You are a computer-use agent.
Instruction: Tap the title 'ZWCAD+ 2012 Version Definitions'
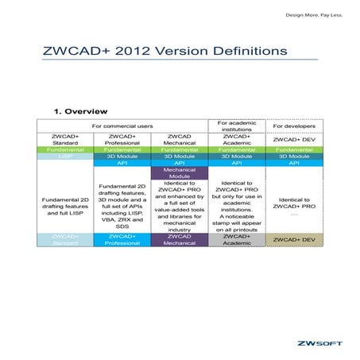click(165, 50)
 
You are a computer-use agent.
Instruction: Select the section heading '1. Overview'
click(80, 110)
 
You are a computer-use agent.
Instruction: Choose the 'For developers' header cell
click(293, 126)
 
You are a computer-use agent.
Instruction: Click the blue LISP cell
click(64, 157)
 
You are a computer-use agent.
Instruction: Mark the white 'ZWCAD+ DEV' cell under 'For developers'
click(293, 139)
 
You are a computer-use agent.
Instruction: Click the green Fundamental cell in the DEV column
click(293, 149)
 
